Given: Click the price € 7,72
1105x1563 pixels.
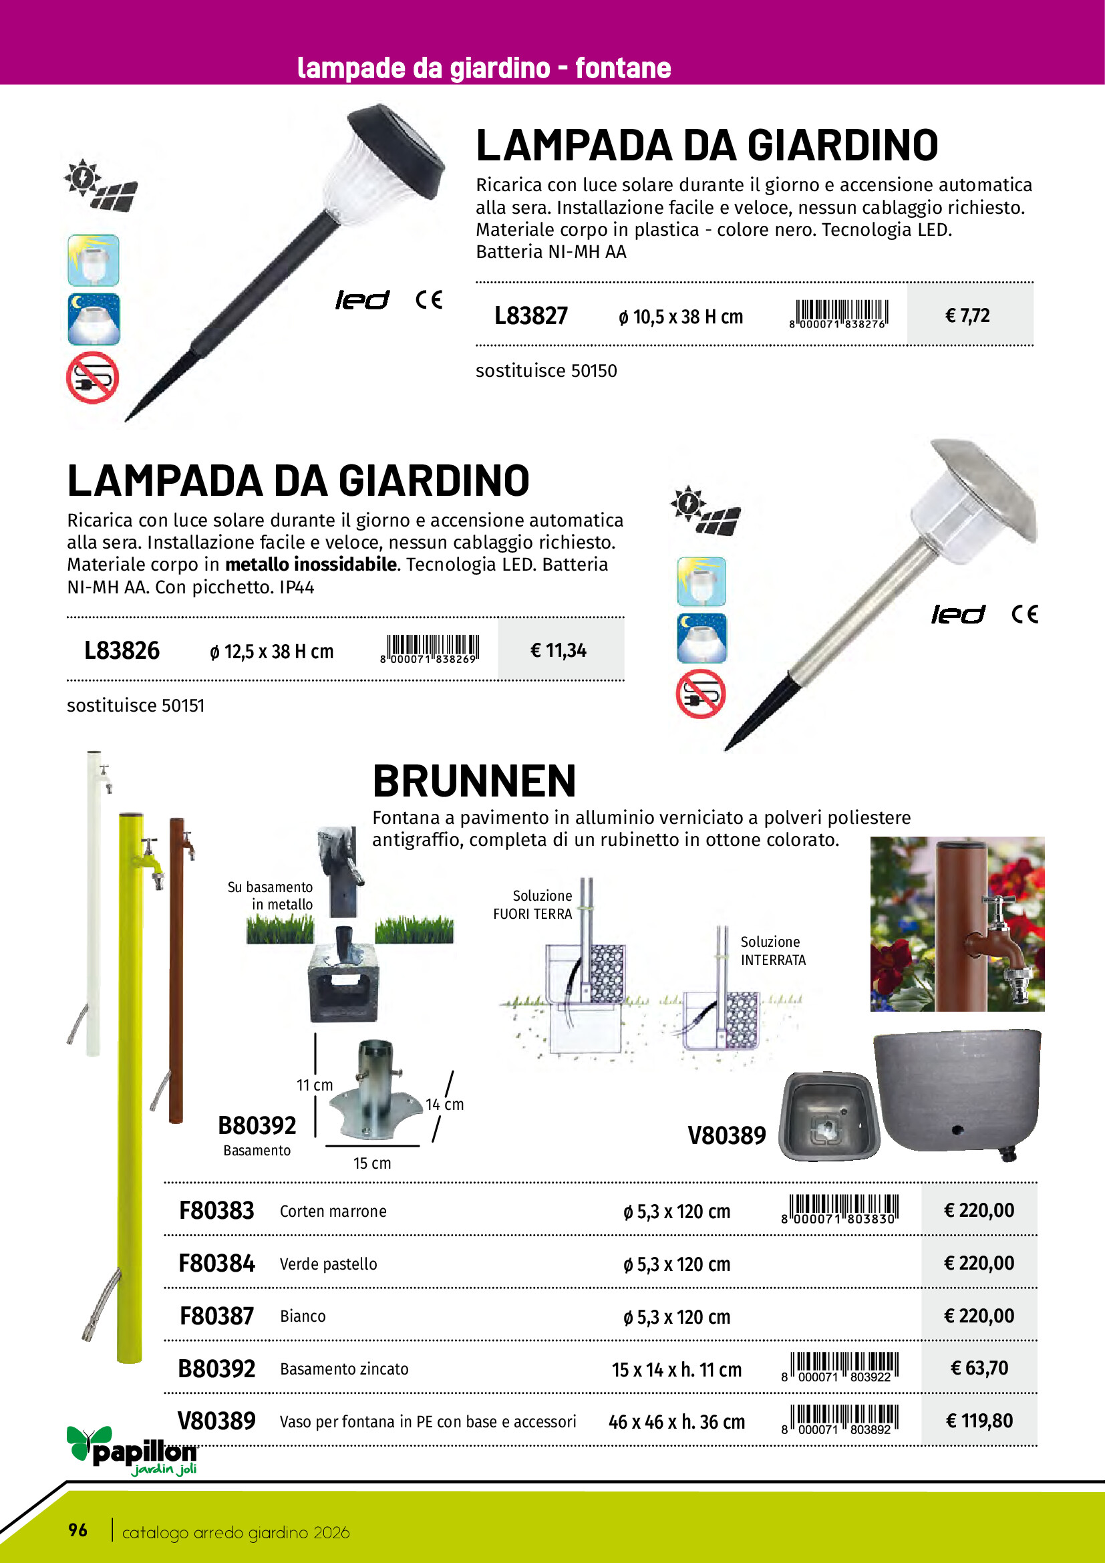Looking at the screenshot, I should pyautogui.click(x=967, y=316).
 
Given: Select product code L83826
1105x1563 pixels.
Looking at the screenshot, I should pyautogui.click(x=122, y=651).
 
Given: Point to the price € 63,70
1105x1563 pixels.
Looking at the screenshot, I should pyautogui.click(x=979, y=1369).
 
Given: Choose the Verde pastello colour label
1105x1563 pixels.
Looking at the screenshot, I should pyautogui.click(x=328, y=1264).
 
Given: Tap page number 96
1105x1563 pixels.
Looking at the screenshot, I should pyautogui.click(x=77, y=1530).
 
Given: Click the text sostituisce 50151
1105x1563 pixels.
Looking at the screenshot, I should pyautogui.click(x=136, y=705).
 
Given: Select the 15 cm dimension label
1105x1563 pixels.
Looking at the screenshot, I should pyautogui.click(x=371, y=1163).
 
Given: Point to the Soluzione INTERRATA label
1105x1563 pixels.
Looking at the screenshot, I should pyautogui.click(x=772, y=950).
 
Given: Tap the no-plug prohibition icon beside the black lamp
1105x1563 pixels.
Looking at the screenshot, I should pyautogui.click(x=93, y=378).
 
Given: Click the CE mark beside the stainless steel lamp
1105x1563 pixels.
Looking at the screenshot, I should pyautogui.click(x=1024, y=614).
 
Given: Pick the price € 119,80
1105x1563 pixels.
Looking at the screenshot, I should pyautogui.click(x=979, y=1421).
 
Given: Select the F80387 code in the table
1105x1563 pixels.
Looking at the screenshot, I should pyautogui.click(x=216, y=1316).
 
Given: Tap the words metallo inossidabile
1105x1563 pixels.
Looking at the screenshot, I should pyautogui.click(x=311, y=565).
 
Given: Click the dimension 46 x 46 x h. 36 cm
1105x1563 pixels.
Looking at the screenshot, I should pyautogui.click(x=676, y=1422).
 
